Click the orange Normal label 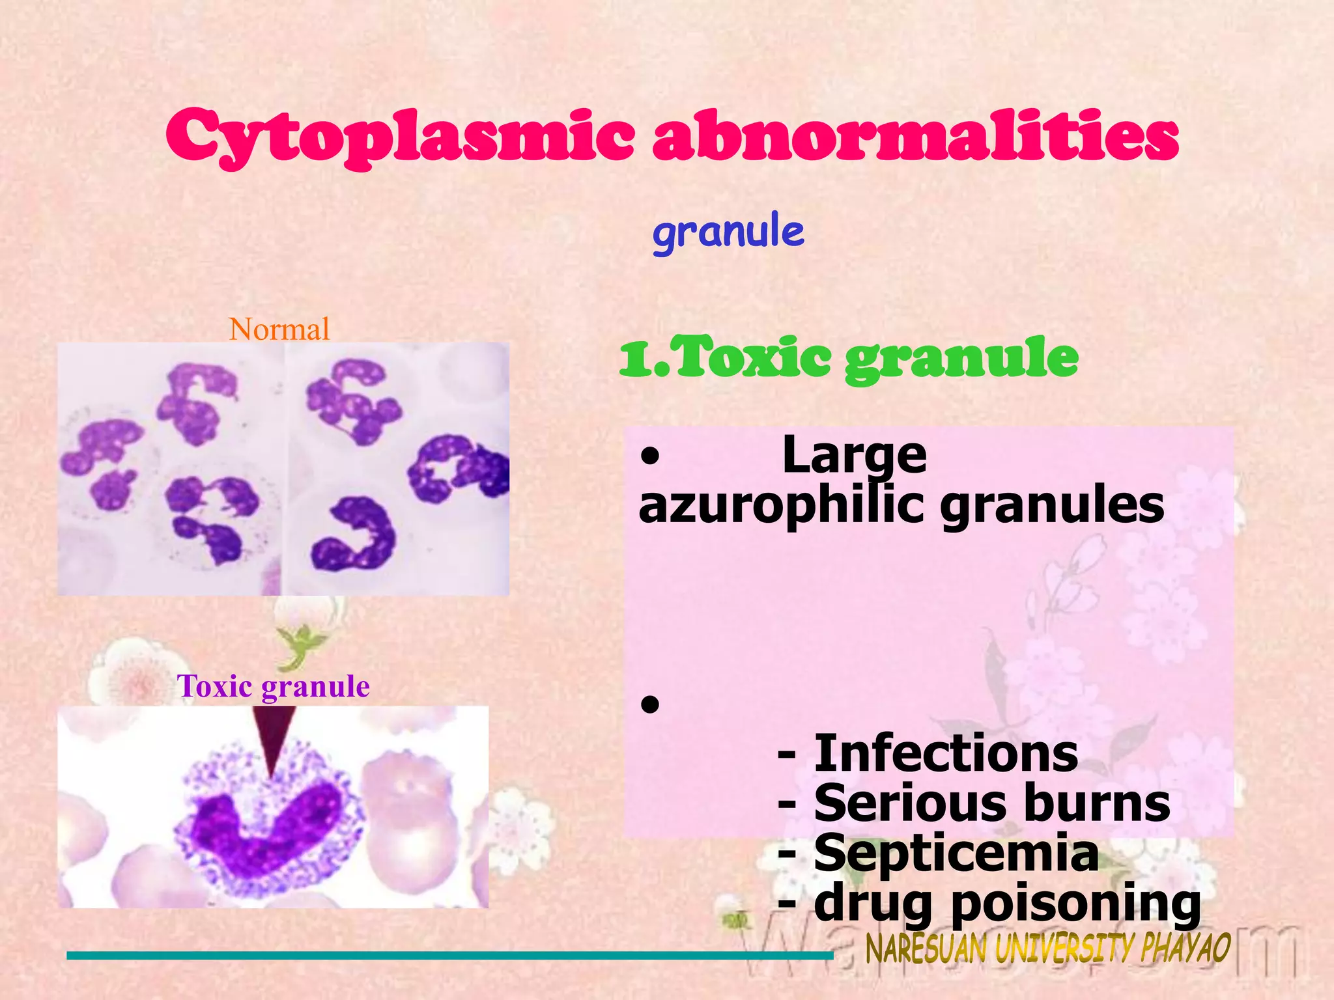click(x=279, y=329)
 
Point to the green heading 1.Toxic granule click(x=848, y=357)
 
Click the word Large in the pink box click(x=854, y=455)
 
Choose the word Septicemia click(x=956, y=854)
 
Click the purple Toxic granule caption click(x=274, y=686)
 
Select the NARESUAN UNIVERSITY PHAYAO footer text click(x=1047, y=949)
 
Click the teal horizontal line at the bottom click(x=449, y=956)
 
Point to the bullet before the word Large click(x=649, y=458)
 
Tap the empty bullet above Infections click(x=649, y=704)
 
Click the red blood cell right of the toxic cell click(x=417, y=814)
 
